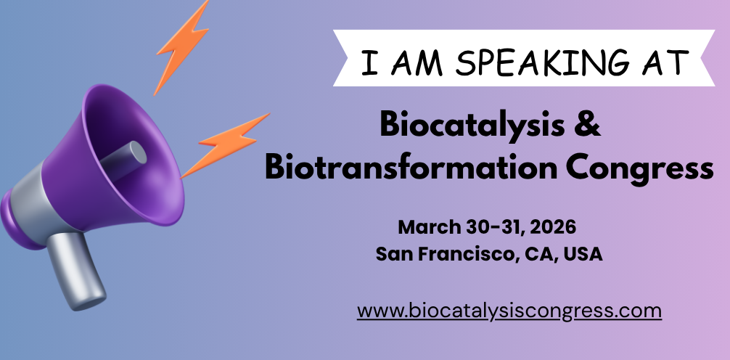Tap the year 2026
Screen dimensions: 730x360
click(x=553, y=227)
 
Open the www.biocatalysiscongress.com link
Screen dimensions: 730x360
click(x=509, y=311)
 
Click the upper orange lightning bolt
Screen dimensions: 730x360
click(x=181, y=47)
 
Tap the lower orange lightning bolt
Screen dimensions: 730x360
click(x=225, y=145)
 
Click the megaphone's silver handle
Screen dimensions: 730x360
click(x=77, y=270)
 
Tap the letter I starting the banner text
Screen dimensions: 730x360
click(x=369, y=62)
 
